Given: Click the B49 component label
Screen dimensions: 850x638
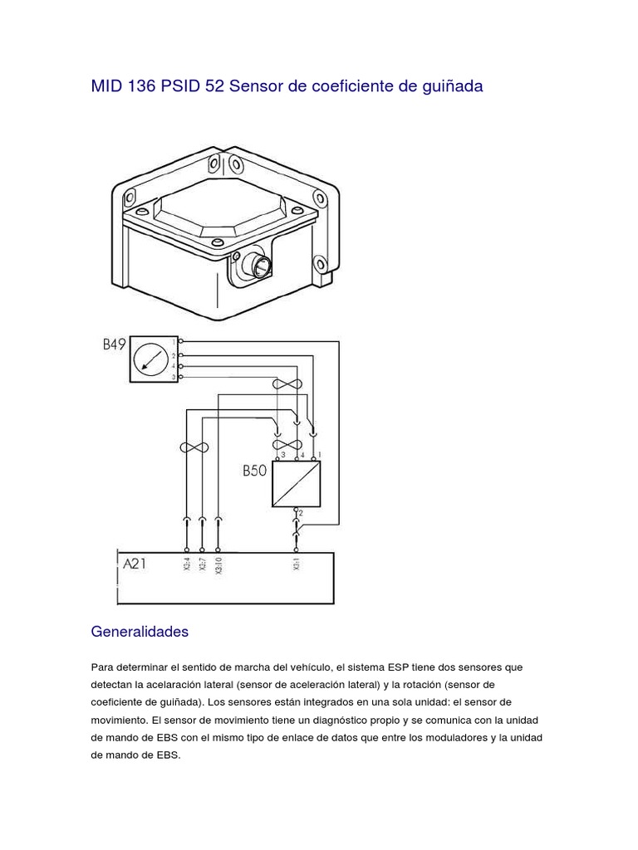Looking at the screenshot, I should [114, 344].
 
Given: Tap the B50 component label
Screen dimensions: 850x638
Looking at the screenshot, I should [253, 471].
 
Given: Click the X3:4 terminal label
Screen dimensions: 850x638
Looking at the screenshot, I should [186, 564].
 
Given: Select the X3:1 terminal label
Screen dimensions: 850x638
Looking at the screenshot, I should [297, 564].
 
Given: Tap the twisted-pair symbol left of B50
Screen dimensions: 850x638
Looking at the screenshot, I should [194, 447].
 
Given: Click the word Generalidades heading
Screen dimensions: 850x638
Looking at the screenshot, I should [140, 632].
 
